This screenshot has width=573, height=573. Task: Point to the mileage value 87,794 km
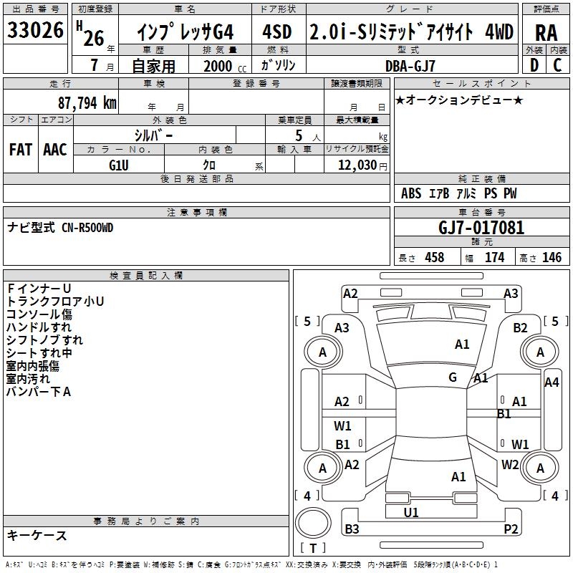pos(85,102)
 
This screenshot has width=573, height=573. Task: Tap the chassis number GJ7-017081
pos(481,228)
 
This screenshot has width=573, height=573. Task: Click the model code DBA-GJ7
pos(410,65)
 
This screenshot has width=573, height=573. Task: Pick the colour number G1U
pos(119,165)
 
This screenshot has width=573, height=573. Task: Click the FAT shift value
pos(20,149)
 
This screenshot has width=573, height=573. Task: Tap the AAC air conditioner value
pos(55,149)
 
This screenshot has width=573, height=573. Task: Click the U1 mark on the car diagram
pos(410,512)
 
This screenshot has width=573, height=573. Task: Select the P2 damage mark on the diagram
pos(511,529)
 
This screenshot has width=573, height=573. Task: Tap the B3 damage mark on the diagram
pos(352,529)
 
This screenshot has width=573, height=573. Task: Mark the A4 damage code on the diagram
pos(551,382)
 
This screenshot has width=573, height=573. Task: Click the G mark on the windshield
pos(453,377)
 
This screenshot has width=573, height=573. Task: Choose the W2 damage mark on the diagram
pos(510,464)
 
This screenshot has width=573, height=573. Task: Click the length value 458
pos(434,258)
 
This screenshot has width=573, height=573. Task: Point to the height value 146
pos(552,258)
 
